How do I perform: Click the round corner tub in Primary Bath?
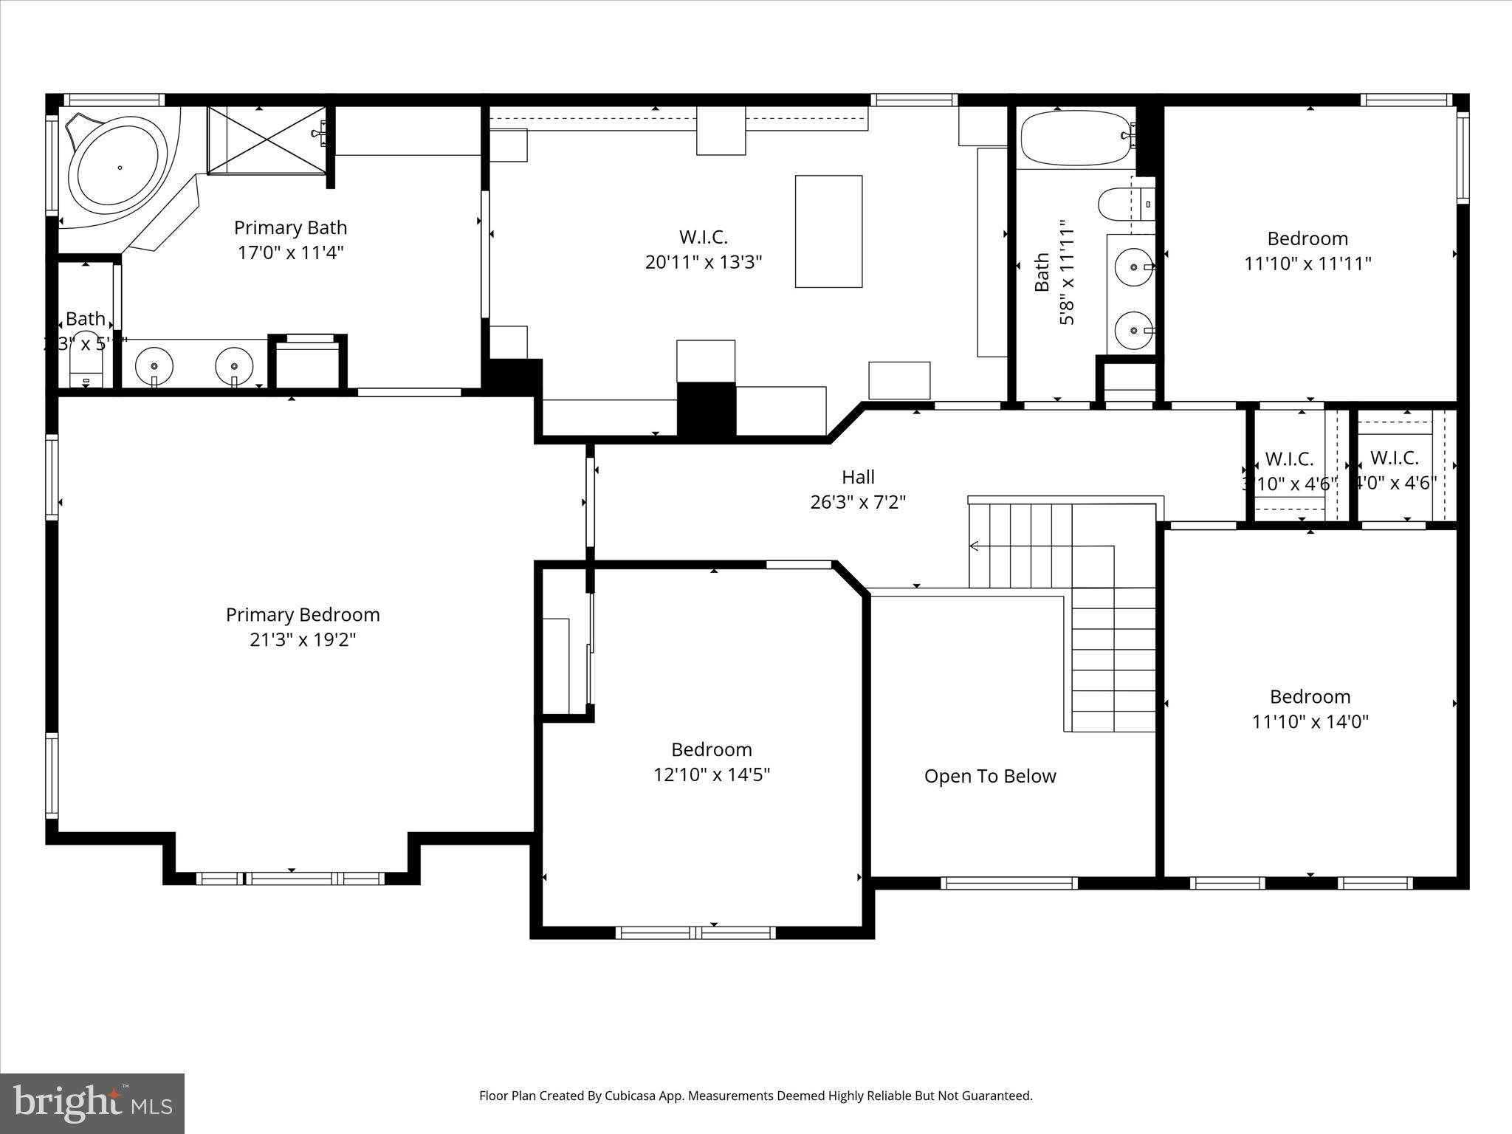[x=118, y=168]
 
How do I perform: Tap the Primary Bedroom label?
[x=303, y=614]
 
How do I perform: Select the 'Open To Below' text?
[x=990, y=776]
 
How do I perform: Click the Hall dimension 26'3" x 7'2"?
[x=858, y=502]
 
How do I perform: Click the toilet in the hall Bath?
[x=1118, y=204]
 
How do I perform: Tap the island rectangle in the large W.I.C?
[x=828, y=231]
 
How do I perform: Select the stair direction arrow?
[x=975, y=546]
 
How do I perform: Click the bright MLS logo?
[x=92, y=1103]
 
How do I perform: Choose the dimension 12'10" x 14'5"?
[x=712, y=774]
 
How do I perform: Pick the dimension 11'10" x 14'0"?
[x=1310, y=721]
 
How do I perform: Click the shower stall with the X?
[x=267, y=140]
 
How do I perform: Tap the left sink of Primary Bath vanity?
[x=154, y=365]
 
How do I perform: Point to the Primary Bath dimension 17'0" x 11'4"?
[x=290, y=252]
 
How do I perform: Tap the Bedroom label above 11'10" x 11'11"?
[x=1307, y=238]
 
